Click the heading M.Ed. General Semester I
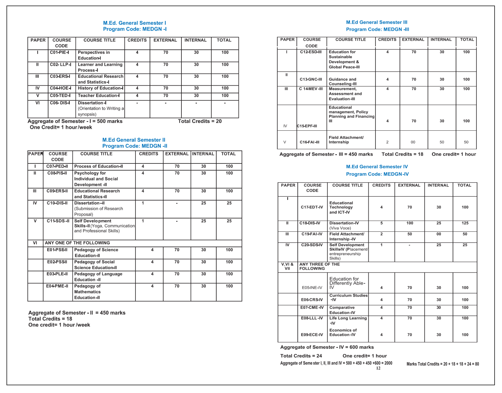pos(135,23)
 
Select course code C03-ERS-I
pos(60,76)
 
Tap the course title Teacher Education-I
pos(99,95)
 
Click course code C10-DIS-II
pos(57,203)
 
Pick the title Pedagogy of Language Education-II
pos(98,277)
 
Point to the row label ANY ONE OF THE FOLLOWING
pos(77,243)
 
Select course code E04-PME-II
pos(57,286)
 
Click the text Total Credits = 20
pos(200,121)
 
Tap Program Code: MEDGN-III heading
pos(377,29)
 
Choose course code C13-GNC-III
pos(311,79)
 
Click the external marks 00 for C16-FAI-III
pos(413,142)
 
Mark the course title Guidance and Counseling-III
pos(342,82)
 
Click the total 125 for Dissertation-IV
pos(465,223)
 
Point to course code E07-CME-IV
pos(312,307)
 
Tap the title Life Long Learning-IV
pos(348,320)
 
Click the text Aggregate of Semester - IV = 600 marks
pos(327,347)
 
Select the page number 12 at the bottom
pos(378,368)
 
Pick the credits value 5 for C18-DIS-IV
pos(381,223)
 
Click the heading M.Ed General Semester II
pos(134,140)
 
